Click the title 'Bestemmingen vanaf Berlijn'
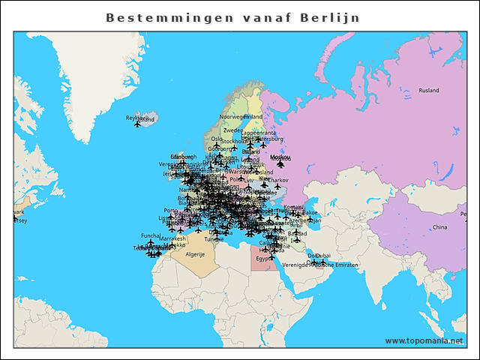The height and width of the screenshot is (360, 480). [x=232, y=17]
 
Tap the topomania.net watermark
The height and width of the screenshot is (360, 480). [x=424, y=341]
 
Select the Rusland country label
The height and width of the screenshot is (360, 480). [x=429, y=91]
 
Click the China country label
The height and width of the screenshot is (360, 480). [x=440, y=226]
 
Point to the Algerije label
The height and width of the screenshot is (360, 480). [x=195, y=255]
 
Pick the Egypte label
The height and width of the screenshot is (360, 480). [x=265, y=259]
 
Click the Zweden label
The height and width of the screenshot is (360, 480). [x=232, y=130]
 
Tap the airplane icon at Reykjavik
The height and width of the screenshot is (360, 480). [x=137, y=124]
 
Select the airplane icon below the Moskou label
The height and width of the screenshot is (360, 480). [x=280, y=164]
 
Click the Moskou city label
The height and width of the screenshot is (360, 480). [x=278, y=157]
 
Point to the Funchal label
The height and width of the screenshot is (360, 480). [x=151, y=235]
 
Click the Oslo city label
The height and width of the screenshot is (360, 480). [x=217, y=139]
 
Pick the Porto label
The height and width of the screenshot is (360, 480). [x=171, y=211]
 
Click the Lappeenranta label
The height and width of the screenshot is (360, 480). [x=258, y=133]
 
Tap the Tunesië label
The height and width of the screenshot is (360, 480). [x=214, y=238]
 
